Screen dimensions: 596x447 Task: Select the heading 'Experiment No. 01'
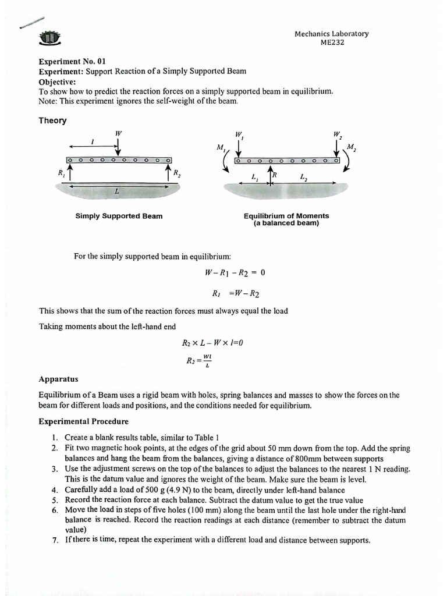pyautogui.click(x=72, y=61)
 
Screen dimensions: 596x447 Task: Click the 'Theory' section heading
pyautogui.click(x=52, y=120)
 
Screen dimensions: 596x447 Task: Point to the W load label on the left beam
pyautogui.click(x=118, y=133)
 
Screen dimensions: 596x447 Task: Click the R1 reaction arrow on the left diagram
pyautogui.click(x=70, y=172)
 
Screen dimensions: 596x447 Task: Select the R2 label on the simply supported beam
pyautogui.click(x=177, y=172)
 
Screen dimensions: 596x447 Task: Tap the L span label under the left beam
pyautogui.click(x=117, y=191)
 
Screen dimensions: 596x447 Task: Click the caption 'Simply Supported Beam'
pyautogui.click(x=119, y=216)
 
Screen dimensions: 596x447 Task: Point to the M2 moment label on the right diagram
pyautogui.click(x=351, y=147)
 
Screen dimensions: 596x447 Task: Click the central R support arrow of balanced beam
pyautogui.click(x=269, y=174)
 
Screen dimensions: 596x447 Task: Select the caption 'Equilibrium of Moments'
pyautogui.click(x=286, y=216)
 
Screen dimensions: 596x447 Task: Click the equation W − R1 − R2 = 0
pyautogui.click(x=227, y=272)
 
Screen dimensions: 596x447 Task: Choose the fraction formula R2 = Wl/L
pyautogui.click(x=198, y=361)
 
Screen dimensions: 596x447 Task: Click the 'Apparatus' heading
pyautogui.click(x=58, y=378)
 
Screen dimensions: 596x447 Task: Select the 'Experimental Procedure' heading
pyautogui.click(x=83, y=421)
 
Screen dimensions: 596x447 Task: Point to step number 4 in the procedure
pyautogui.click(x=54, y=489)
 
